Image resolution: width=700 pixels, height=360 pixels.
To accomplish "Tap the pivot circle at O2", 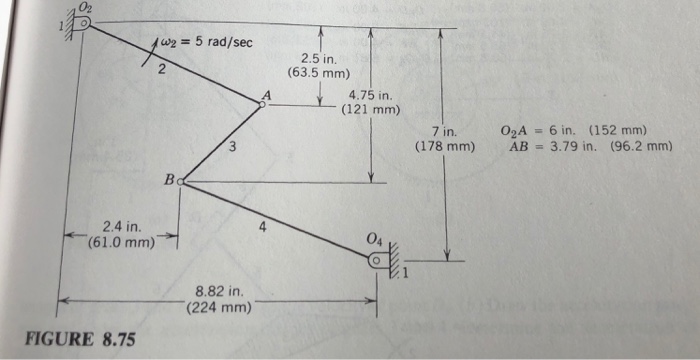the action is click(x=87, y=24).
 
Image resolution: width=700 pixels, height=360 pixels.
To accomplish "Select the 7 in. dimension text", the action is click(x=445, y=133).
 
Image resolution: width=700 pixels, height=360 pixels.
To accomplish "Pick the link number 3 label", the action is click(x=232, y=149).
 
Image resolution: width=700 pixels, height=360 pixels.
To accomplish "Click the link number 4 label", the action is click(x=262, y=226).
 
